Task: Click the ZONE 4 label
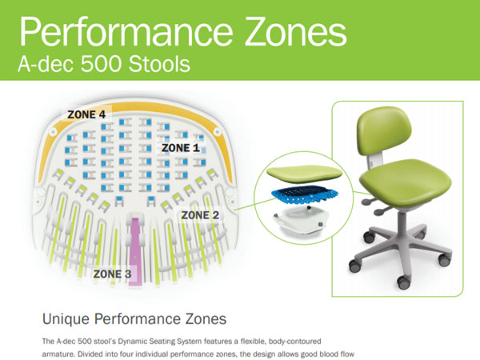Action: pos(86,114)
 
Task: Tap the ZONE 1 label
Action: pos(181,148)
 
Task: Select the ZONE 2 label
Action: pos(200,215)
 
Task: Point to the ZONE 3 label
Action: pos(112,274)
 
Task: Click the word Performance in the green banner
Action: pos(126,31)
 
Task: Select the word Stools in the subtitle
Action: pos(159,64)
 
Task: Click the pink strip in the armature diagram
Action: pos(135,251)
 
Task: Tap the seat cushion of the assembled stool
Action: pos(405,180)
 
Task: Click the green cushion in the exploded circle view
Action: pos(304,174)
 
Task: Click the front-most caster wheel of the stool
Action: pos(404,282)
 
